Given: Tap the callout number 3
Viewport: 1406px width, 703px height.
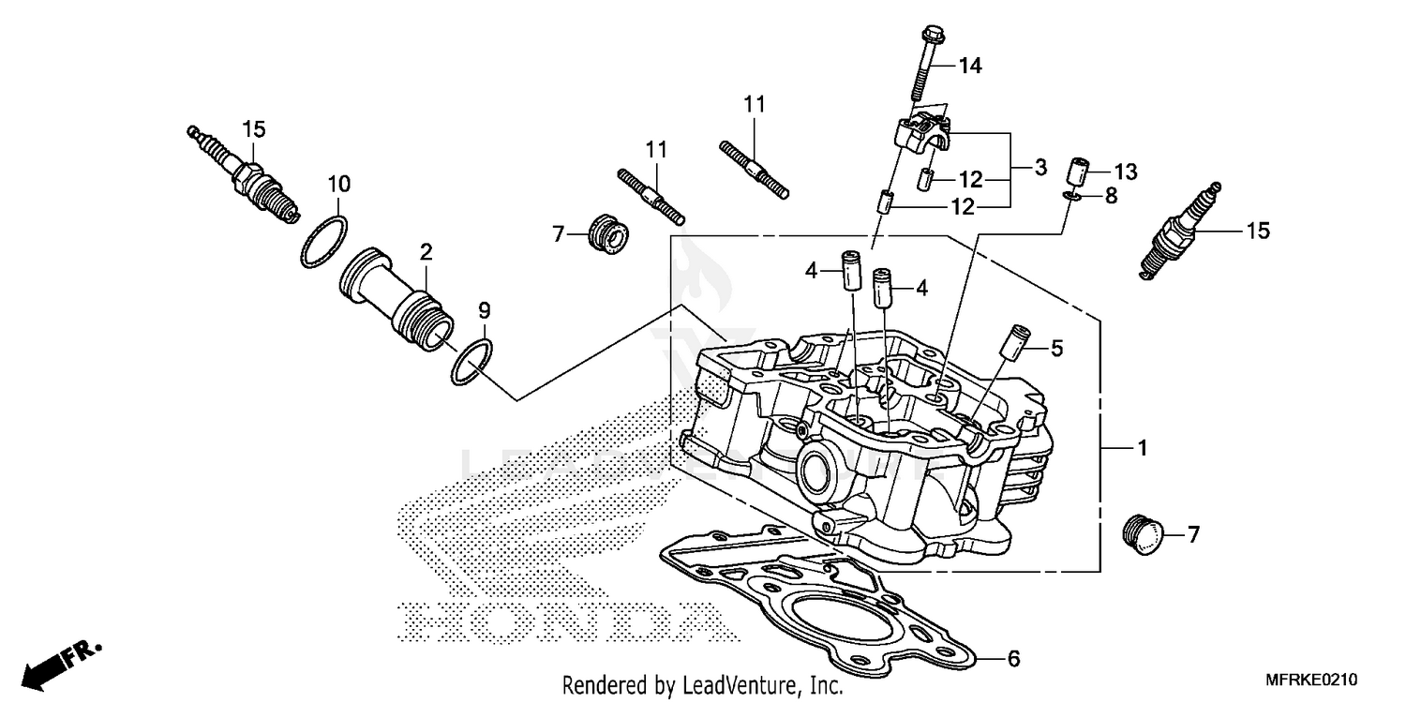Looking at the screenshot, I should [1040, 169].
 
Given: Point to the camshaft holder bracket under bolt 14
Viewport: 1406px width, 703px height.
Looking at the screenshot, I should [923, 137].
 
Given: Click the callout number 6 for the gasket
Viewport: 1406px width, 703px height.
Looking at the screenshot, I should [1012, 659].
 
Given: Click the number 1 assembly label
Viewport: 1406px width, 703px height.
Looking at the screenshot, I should [1142, 450].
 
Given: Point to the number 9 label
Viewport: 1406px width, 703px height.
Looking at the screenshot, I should [484, 309].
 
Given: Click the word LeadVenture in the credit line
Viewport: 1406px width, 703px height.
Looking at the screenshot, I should [736, 685].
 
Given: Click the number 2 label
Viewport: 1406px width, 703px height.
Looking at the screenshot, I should [426, 250].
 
